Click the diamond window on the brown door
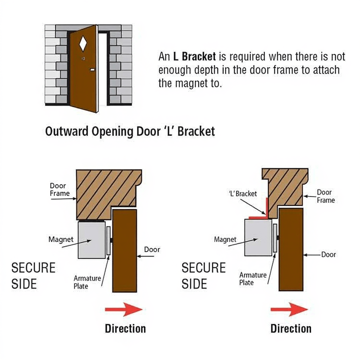(83, 43)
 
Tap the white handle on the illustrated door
(92, 70)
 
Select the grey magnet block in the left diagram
(91, 240)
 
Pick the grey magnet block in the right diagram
(258, 238)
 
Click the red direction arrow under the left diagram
(123, 309)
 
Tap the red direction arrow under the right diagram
(289, 309)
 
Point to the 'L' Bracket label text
(243, 194)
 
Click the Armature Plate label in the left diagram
(87, 282)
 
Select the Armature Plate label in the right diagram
(253, 278)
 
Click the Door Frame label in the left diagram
(59, 189)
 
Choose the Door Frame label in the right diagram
(326, 196)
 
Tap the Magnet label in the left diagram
(61, 239)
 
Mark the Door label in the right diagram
(328, 255)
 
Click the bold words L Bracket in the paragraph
(194, 57)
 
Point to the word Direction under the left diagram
(125, 329)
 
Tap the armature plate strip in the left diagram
(108, 240)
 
